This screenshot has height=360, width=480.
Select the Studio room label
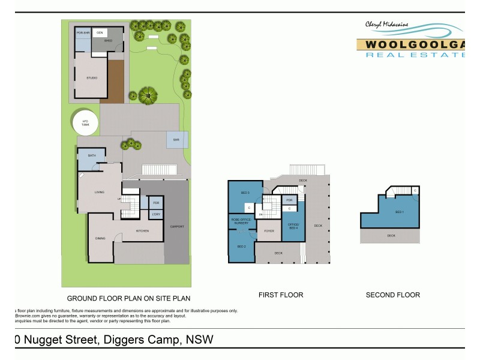[x=92, y=78]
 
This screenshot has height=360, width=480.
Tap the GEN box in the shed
[x=100, y=32]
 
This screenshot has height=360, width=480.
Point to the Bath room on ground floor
[x=92, y=155]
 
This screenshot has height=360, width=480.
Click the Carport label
[x=177, y=226]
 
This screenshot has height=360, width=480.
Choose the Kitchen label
[x=142, y=231]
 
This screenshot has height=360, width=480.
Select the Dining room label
[x=100, y=238]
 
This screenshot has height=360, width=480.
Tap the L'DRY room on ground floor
[x=155, y=214]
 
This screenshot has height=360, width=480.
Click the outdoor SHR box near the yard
[x=176, y=140]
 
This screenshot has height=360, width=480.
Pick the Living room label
[x=100, y=192]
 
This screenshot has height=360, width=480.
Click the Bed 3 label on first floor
[x=245, y=193]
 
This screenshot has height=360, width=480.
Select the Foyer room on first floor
[x=269, y=230]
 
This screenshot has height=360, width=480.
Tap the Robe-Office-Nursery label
[x=241, y=221]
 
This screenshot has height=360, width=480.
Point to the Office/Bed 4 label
[x=293, y=226]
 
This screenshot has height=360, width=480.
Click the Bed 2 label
[x=241, y=247]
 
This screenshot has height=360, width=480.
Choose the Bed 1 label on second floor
[x=399, y=212]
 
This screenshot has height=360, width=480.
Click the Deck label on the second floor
[x=391, y=236]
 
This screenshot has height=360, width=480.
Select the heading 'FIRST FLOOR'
[x=280, y=295]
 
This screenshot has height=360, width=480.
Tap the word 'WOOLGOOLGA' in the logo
[x=411, y=44]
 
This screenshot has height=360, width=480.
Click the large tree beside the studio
[x=147, y=95]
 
